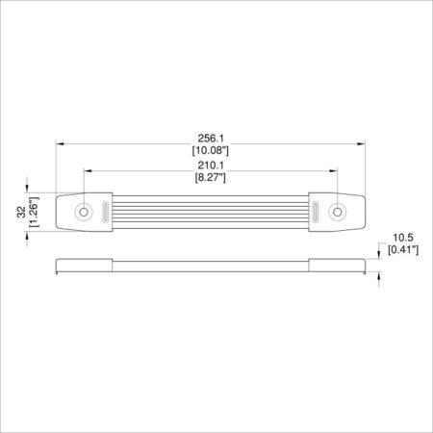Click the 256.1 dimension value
pyautogui.click(x=211, y=139)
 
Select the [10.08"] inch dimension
pyautogui.click(x=211, y=150)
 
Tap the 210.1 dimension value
pyautogui.click(x=211, y=166)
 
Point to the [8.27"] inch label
pyautogui.click(x=211, y=177)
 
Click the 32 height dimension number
pyautogui.click(x=21, y=212)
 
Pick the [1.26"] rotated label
pyautogui.click(x=34, y=212)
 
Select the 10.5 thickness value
pyautogui.click(x=403, y=238)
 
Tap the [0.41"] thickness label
pyautogui.click(x=403, y=250)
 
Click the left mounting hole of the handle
pyautogui.click(x=84, y=212)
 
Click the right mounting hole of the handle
pyautogui.click(x=337, y=212)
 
